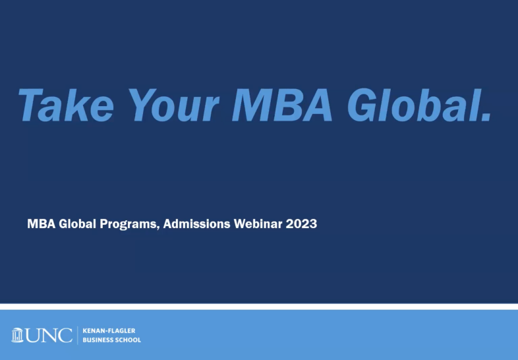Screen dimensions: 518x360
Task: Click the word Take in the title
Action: tap(66, 105)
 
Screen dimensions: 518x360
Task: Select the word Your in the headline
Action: tap(173, 105)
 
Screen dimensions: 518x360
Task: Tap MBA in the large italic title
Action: tap(282, 105)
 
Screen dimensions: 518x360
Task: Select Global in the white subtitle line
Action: tap(77, 224)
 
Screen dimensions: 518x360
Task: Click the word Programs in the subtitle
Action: tap(128, 224)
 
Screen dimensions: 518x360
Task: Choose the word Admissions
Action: tap(196, 224)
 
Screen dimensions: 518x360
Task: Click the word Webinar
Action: tap(258, 224)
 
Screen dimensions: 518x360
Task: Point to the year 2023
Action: tap(301, 224)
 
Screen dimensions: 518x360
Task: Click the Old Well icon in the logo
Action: tap(17, 335)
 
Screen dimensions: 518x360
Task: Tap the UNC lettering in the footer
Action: tap(48, 335)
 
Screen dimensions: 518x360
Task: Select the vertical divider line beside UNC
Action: tap(78, 335)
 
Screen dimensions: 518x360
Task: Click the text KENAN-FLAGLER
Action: tap(109, 330)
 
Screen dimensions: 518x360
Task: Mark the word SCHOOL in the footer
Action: tap(128, 340)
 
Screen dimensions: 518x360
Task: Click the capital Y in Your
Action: tap(143, 105)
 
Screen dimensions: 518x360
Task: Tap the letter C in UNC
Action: tap(65, 335)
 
